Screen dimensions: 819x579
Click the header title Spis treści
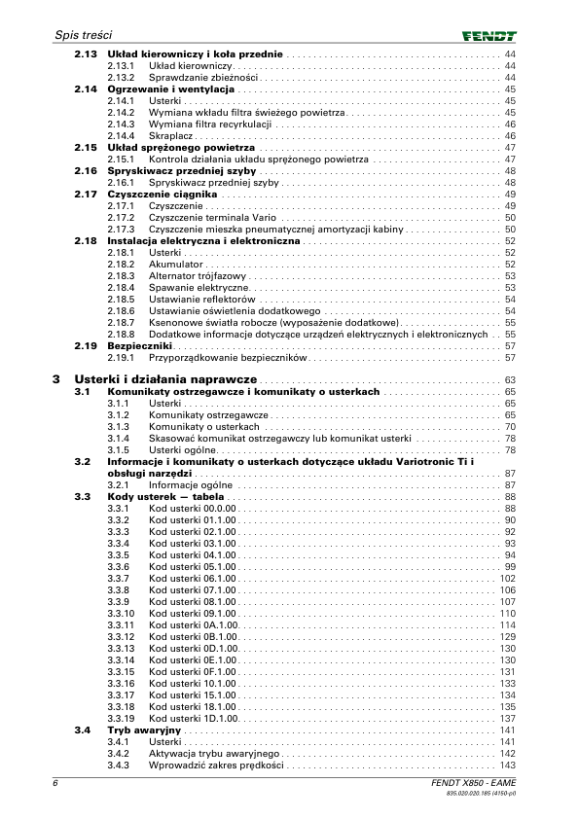[x=87, y=35]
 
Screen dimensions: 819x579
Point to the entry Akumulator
[x=175, y=264]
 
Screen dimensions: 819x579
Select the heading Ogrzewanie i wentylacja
[x=171, y=89]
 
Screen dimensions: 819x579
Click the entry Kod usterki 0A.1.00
[x=193, y=624]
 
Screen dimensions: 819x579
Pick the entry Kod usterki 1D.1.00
[x=193, y=718]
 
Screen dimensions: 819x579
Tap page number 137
[x=507, y=718]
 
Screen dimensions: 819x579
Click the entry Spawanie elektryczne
[x=199, y=287]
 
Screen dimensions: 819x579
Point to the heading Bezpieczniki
[x=140, y=345]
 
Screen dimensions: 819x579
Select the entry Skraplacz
[x=170, y=135]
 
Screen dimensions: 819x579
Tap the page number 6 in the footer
[x=56, y=784]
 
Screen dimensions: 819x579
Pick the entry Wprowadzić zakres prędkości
[x=216, y=765]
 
